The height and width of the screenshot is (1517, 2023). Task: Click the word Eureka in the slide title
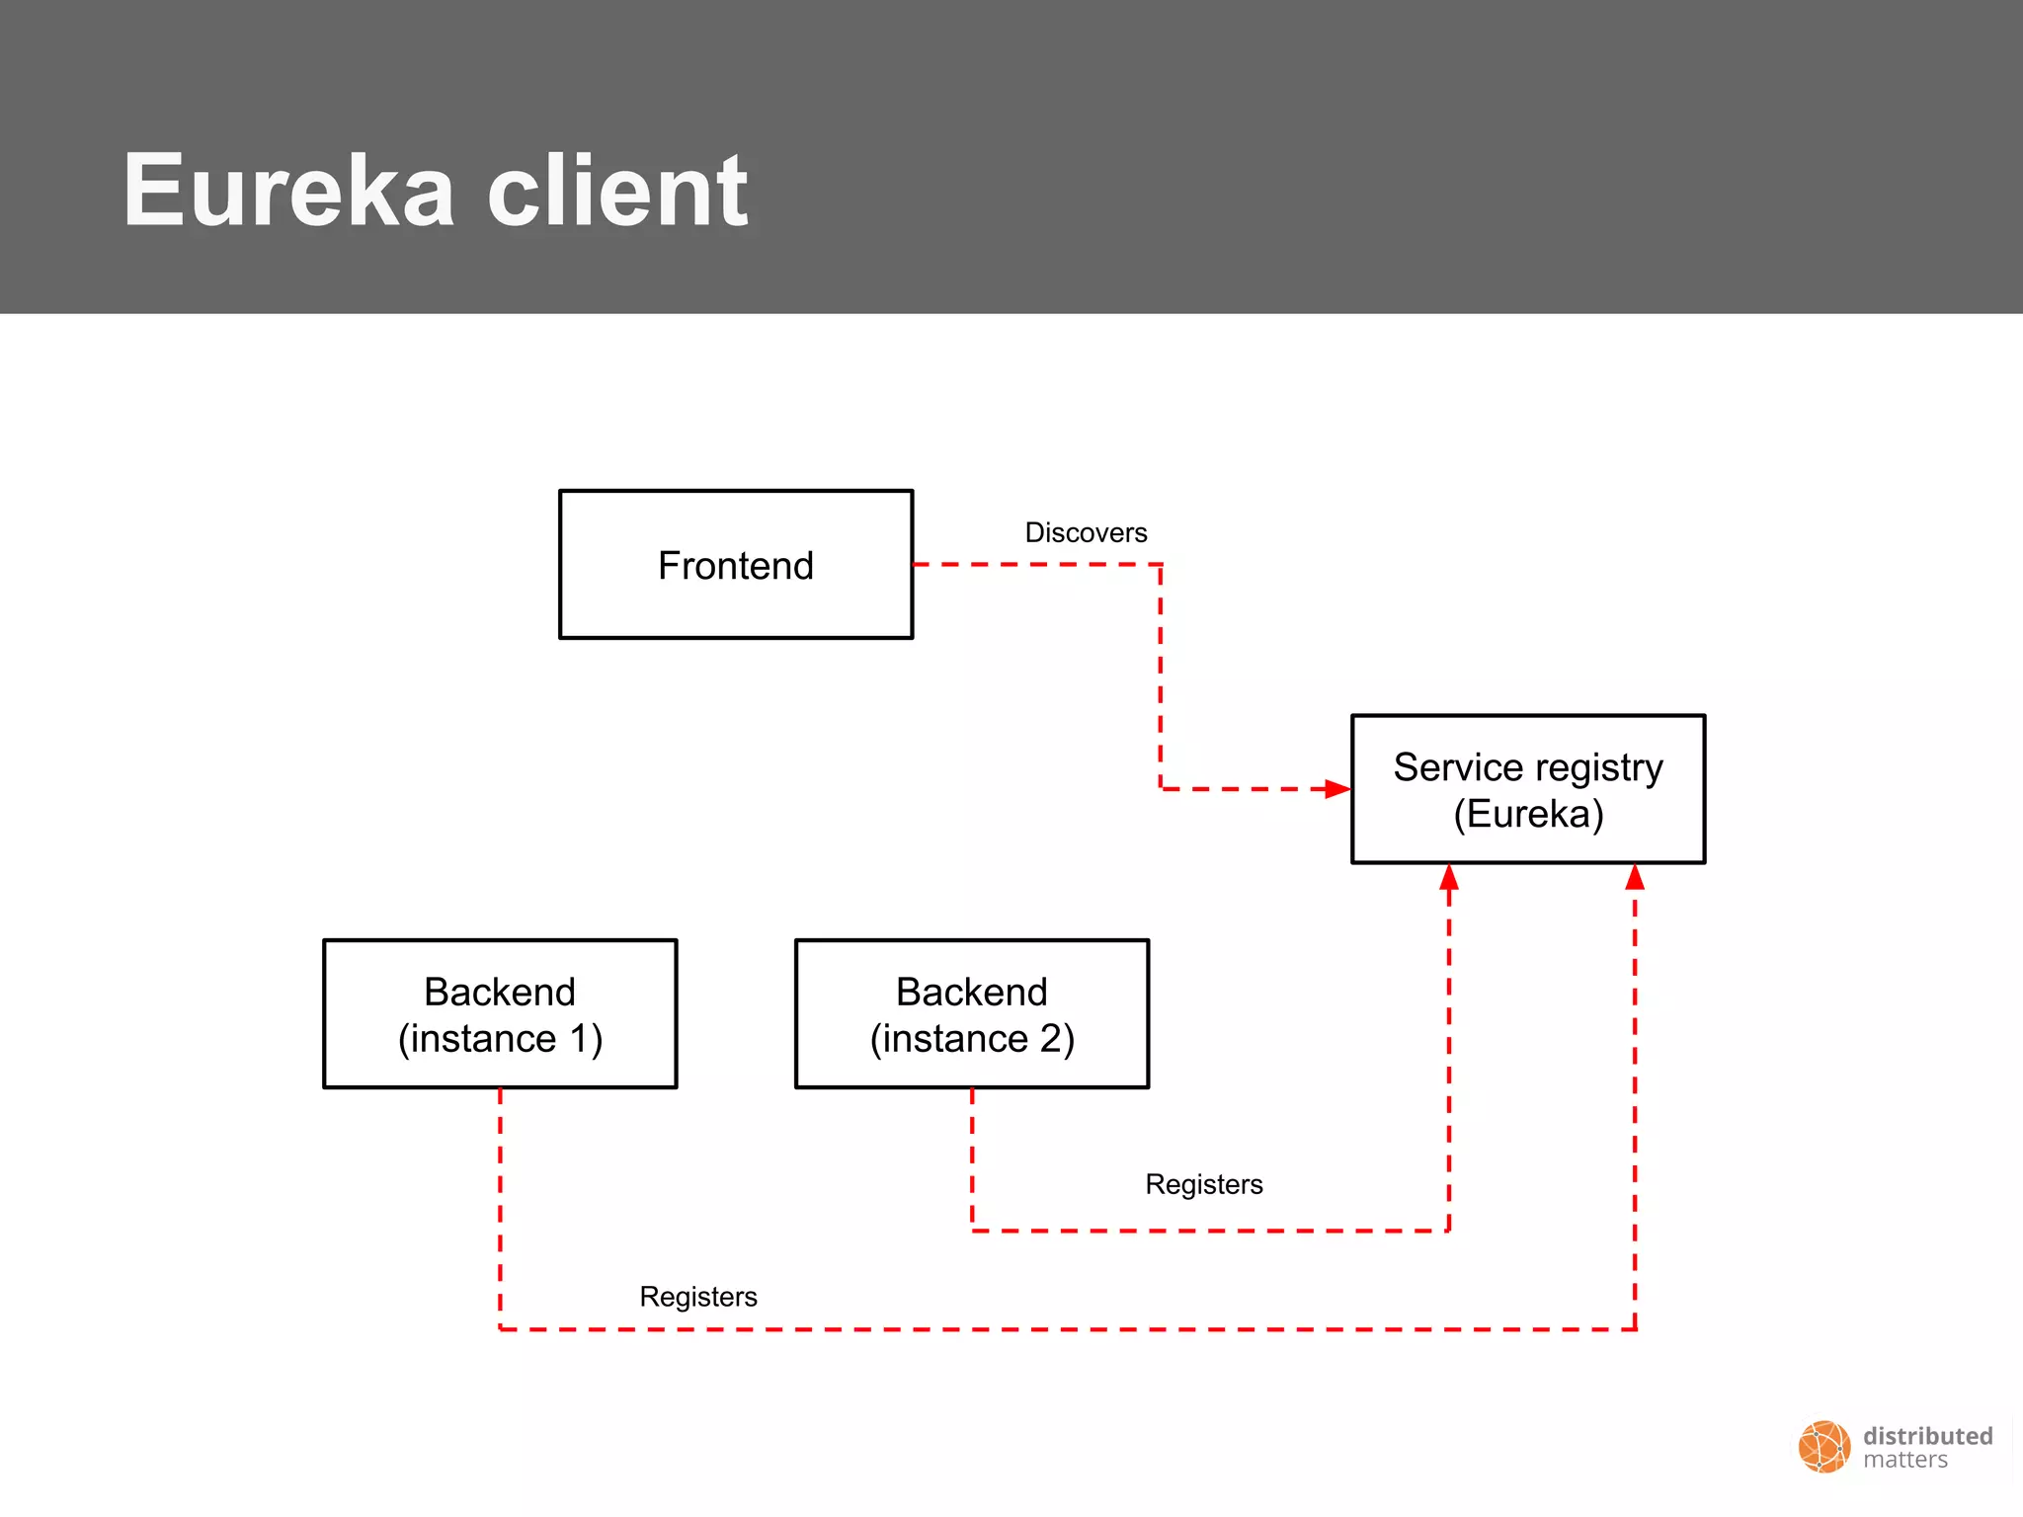point(288,191)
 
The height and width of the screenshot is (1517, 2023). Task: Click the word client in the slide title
point(618,191)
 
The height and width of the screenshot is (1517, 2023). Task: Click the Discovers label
point(1086,533)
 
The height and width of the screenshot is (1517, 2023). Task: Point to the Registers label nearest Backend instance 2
point(1203,1184)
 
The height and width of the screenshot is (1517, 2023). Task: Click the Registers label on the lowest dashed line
point(697,1297)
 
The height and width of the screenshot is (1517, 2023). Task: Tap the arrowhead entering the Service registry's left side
point(1337,789)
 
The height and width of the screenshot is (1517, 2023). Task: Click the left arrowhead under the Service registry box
point(1449,877)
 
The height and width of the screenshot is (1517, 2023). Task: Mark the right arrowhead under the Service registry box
point(1635,877)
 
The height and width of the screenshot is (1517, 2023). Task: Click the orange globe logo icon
point(1823,1447)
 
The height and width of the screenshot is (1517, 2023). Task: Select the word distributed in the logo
point(1927,1436)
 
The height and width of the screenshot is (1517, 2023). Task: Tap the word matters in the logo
point(1905,1461)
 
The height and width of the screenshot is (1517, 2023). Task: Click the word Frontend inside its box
point(736,566)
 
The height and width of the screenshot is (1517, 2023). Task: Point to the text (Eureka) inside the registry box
point(1528,814)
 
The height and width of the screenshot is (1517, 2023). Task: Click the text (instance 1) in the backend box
point(500,1039)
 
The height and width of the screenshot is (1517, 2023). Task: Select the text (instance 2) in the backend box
point(972,1039)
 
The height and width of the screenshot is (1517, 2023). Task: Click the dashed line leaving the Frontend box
point(1037,565)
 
